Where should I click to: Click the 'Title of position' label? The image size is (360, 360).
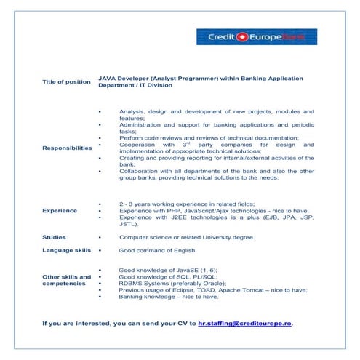pyautogui.click(x=66, y=81)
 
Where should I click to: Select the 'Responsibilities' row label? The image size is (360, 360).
pyautogui.click(x=67, y=148)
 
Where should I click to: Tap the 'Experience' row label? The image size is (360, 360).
pyautogui.click(x=60, y=211)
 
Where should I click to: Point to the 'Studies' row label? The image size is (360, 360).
pyautogui.click(x=55, y=237)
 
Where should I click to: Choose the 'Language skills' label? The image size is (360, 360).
pyautogui.click(x=67, y=250)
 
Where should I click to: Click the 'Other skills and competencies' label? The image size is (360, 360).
pyautogui.click(x=67, y=280)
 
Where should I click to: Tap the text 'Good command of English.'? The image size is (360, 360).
pyautogui.click(x=158, y=250)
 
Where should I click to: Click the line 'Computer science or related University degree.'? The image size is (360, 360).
pyautogui.click(x=187, y=237)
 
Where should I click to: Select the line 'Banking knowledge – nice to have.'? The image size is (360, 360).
pyautogui.click(x=168, y=297)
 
